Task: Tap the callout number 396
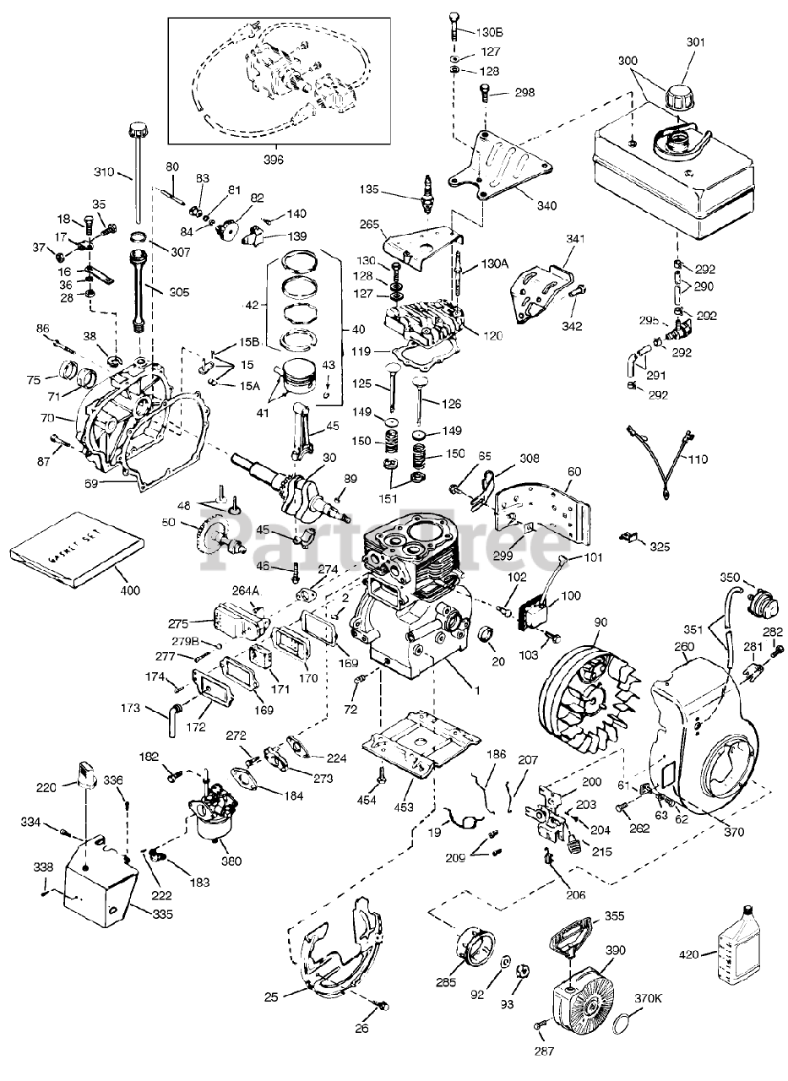pos(274,158)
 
